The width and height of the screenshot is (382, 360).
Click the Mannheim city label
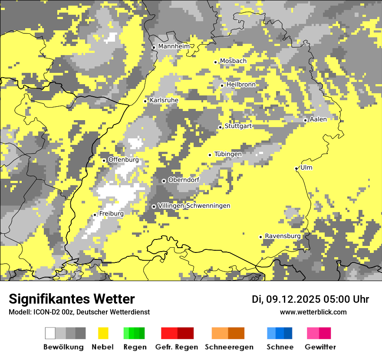[174, 46]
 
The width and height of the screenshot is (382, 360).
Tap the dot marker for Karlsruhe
[145, 101]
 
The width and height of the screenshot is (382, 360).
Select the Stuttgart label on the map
[238, 126]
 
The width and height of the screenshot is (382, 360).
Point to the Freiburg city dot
[95, 215]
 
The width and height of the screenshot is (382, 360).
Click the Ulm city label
[306, 168]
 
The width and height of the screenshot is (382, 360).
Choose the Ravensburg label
[283, 236]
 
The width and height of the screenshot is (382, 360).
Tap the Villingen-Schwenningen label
[194, 206]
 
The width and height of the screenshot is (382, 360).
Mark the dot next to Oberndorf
[164, 181]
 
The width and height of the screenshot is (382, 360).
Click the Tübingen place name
[228, 154]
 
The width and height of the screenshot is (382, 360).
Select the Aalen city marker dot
[305, 120]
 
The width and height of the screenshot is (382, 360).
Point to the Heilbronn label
[241, 85]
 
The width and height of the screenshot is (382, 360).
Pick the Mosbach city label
[233, 61]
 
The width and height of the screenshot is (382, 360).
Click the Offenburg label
[124, 160]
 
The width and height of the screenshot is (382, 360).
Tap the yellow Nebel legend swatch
[103, 333]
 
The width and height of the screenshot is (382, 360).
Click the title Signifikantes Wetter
[72, 299]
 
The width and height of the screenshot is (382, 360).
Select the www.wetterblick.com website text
[313, 312]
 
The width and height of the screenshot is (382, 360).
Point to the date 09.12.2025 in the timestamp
[293, 299]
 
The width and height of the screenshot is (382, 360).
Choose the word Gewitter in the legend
[320, 347]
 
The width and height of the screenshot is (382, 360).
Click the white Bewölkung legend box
[50, 333]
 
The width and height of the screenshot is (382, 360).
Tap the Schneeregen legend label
[229, 347]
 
